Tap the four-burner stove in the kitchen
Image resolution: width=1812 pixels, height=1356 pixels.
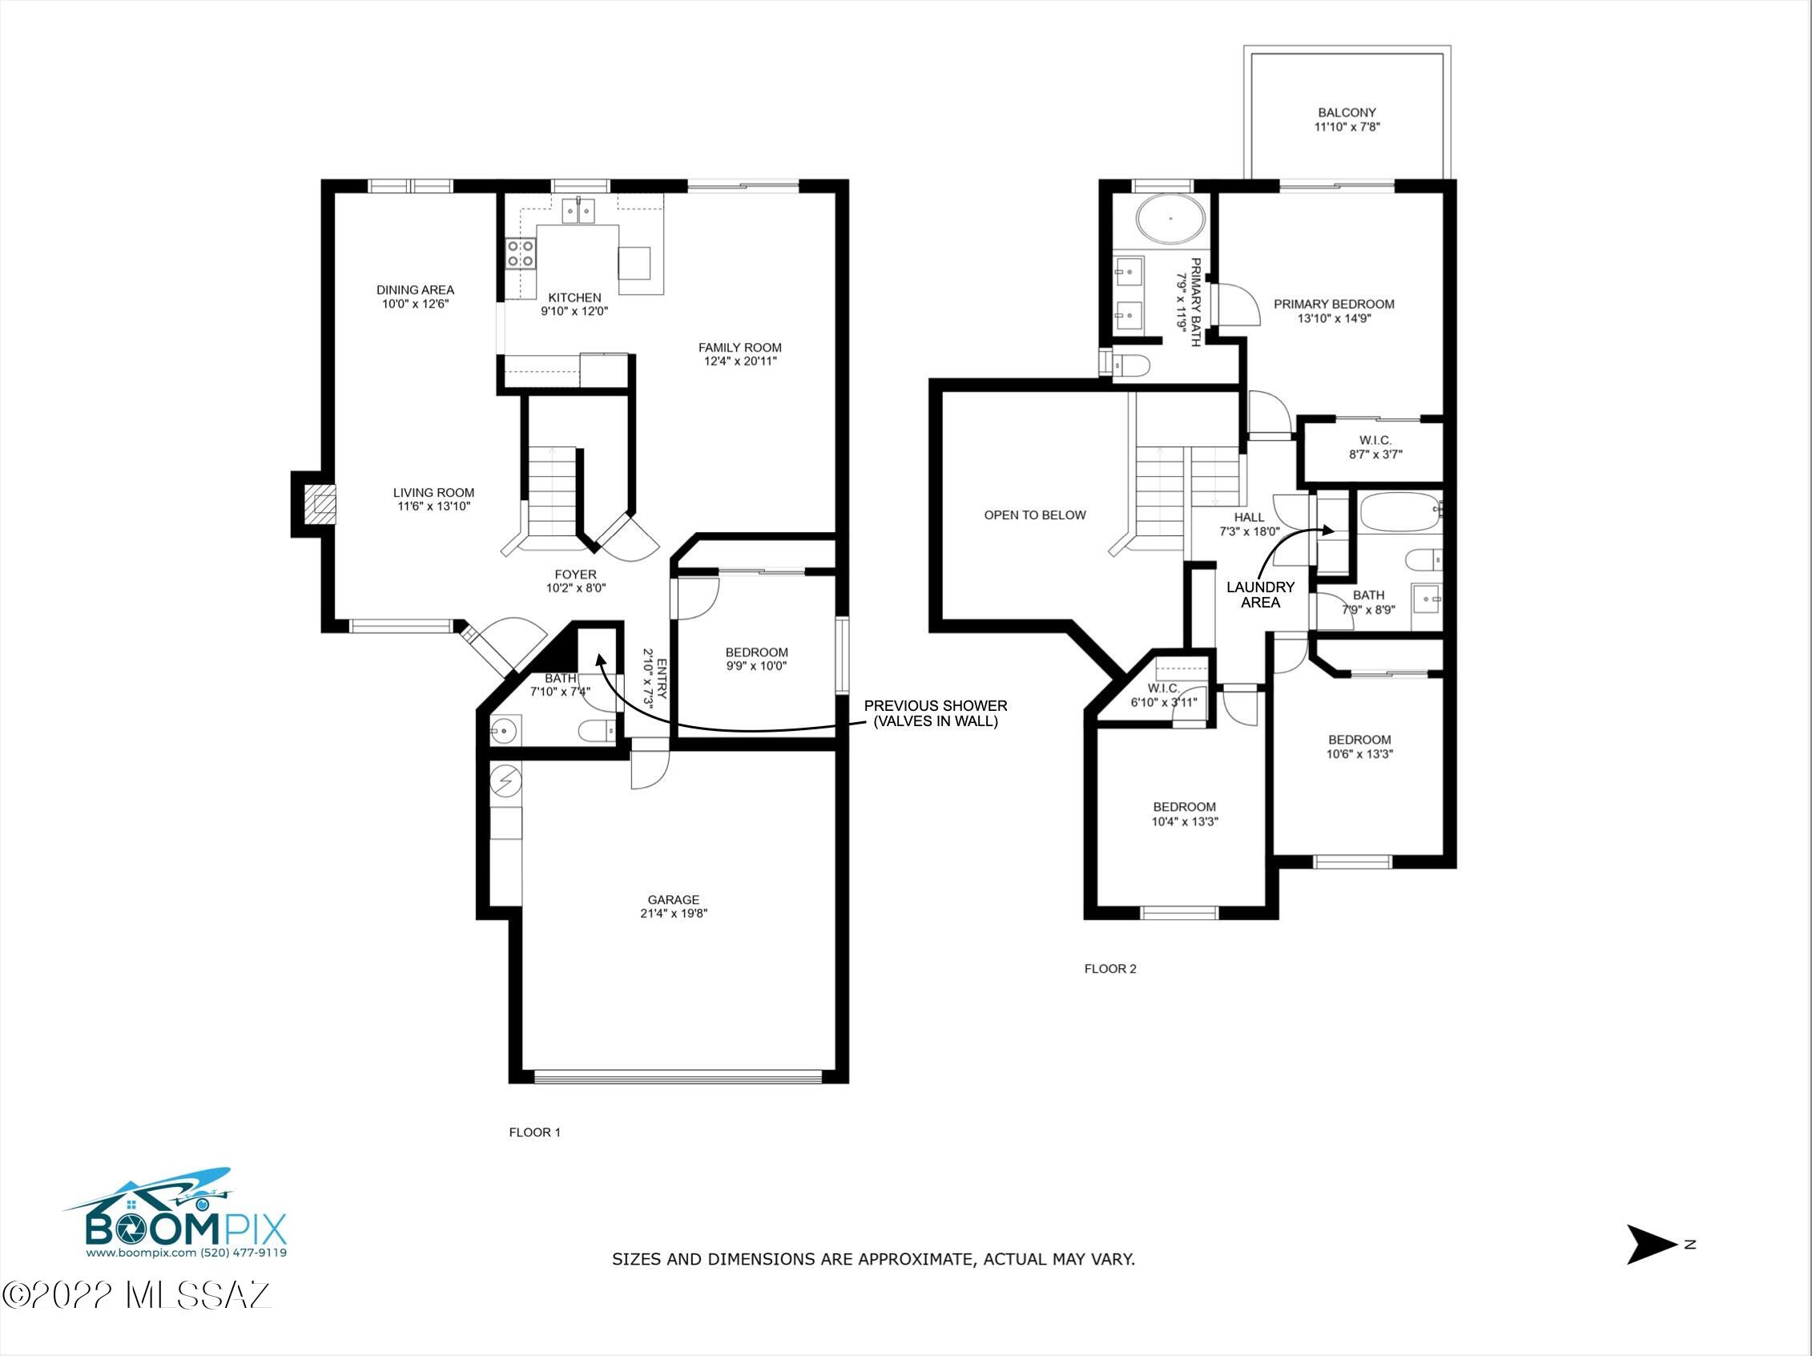tap(521, 252)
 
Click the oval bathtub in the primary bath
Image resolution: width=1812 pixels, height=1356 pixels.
tap(1170, 219)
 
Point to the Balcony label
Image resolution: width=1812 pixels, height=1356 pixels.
tap(1347, 112)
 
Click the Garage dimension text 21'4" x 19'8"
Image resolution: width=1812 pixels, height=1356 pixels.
tap(674, 914)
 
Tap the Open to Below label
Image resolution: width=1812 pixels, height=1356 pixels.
tap(1035, 515)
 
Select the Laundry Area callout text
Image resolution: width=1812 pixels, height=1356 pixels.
tap(1260, 595)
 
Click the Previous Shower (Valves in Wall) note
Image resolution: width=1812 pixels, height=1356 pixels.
tap(936, 713)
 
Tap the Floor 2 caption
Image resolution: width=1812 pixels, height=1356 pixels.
tap(1110, 968)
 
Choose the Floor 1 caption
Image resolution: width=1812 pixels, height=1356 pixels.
tap(535, 1132)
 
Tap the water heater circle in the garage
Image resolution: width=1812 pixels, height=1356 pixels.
tap(506, 781)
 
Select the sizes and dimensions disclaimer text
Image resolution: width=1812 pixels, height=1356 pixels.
tap(873, 1259)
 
